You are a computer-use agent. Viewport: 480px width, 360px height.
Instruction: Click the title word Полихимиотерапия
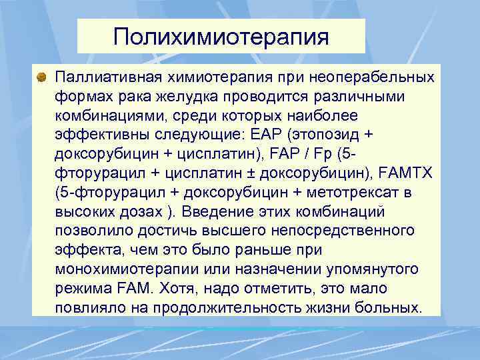pos(221,36)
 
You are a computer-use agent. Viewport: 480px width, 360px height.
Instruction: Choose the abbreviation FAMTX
pos(409,174)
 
